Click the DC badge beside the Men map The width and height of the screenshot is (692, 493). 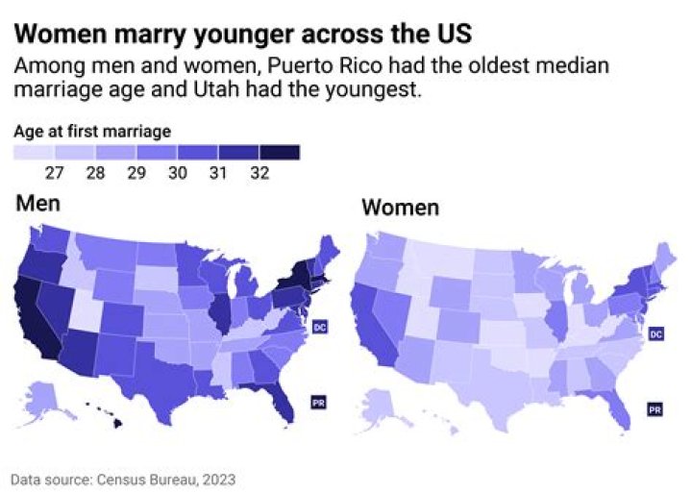[x=321, y=328]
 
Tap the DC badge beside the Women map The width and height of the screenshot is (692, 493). [x=656, y=333]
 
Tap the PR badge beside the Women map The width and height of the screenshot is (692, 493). [x=654, y=408]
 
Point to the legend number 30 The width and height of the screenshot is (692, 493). [x=177, y=173]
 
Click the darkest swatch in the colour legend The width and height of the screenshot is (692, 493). [x=280, y=152]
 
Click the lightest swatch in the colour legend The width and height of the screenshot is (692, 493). [x=34, y=152]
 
